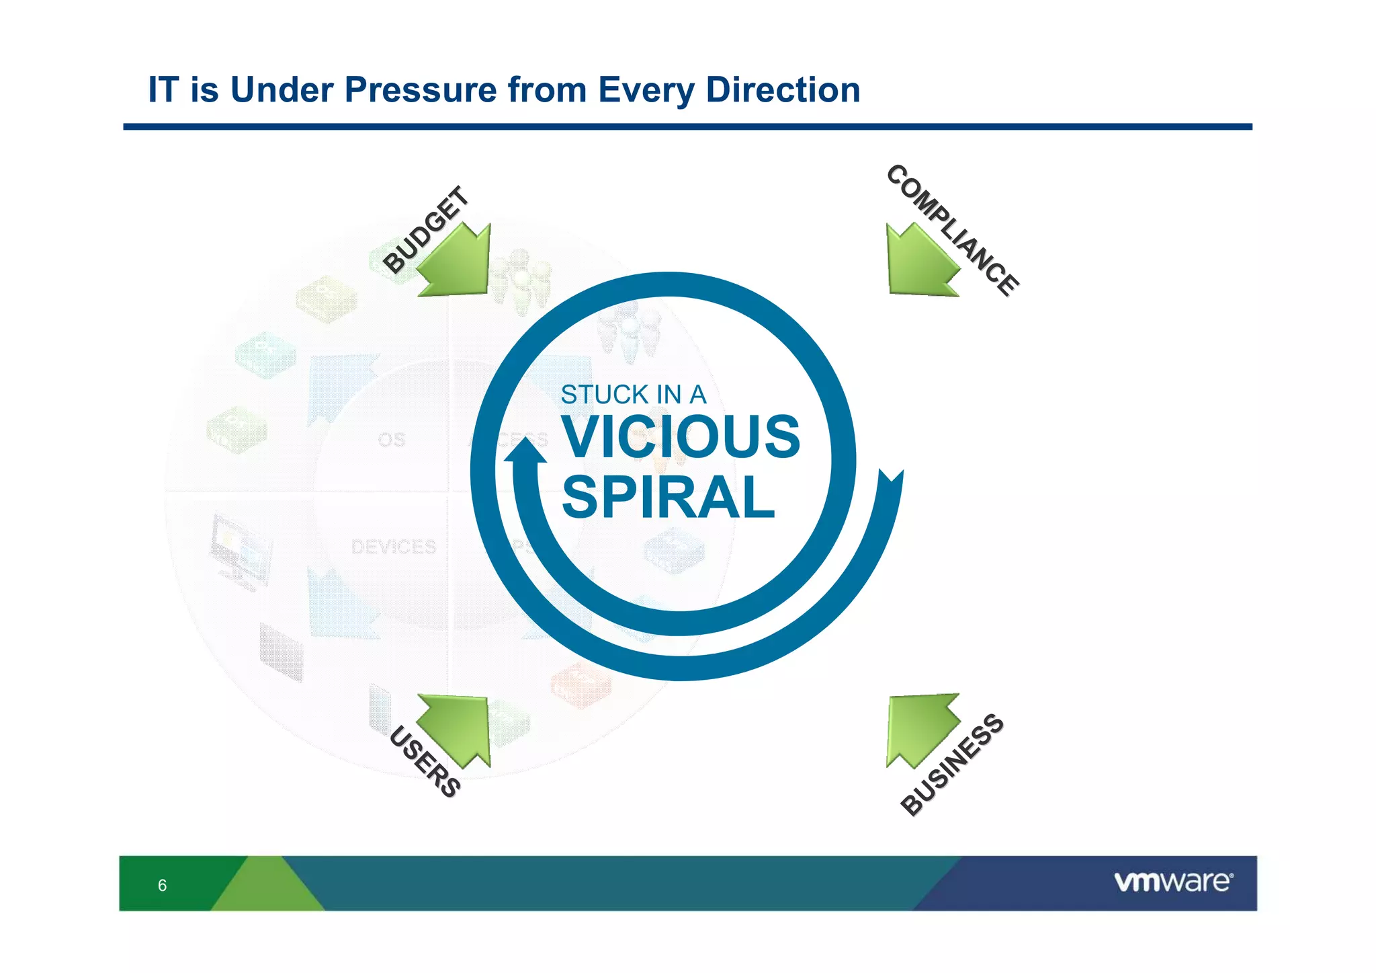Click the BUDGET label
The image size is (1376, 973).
click(425, 230)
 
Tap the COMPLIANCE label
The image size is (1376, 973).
click(953, 230)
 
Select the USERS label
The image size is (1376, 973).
click(425, 762)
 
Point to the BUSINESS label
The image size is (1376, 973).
click(952, 765)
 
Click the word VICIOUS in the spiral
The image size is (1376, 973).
click(681, 437)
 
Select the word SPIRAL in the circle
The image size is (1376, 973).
click(668, 498)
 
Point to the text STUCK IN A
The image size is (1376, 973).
click(633, 395)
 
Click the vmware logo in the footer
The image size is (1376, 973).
click(1173, 882)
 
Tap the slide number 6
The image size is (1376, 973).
click(162, 885)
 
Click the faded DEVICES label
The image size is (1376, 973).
click(394, 547)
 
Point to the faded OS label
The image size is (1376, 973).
click(392, 440)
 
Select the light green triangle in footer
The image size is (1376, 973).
click(268, 888)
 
